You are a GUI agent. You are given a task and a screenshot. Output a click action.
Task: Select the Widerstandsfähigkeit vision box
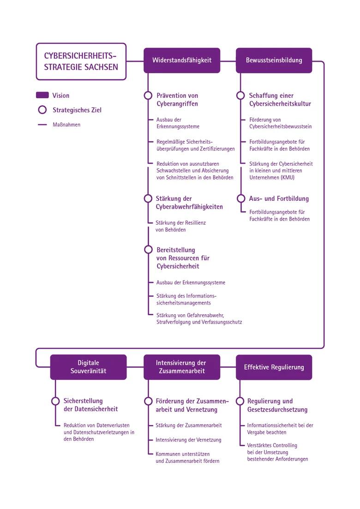tap(182, 60)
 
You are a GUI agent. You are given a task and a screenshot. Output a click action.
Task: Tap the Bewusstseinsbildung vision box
tap(274, 60)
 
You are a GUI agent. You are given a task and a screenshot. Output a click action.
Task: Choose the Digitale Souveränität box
tap(88, 367)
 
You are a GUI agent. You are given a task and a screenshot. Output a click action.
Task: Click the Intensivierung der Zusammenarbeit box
tap(182, 367)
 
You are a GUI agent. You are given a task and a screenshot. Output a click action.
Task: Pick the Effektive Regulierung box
tap(274, 367)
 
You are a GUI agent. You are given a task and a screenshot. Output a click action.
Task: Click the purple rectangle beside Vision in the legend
tap(42, 95)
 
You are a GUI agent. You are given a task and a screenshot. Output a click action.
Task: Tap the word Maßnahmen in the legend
tap(66, 125)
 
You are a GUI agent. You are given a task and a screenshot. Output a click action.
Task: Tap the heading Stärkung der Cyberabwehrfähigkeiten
tap(189, 203)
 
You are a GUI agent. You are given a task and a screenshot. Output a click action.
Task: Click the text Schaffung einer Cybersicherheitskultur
tap(280, 100)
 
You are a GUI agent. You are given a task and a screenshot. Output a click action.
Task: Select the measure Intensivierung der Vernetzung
tap(188, 440)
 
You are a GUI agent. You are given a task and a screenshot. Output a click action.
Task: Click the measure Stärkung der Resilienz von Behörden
tap(180, 226)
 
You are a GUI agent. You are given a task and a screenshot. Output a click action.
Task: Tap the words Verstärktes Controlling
tap(272, 445)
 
